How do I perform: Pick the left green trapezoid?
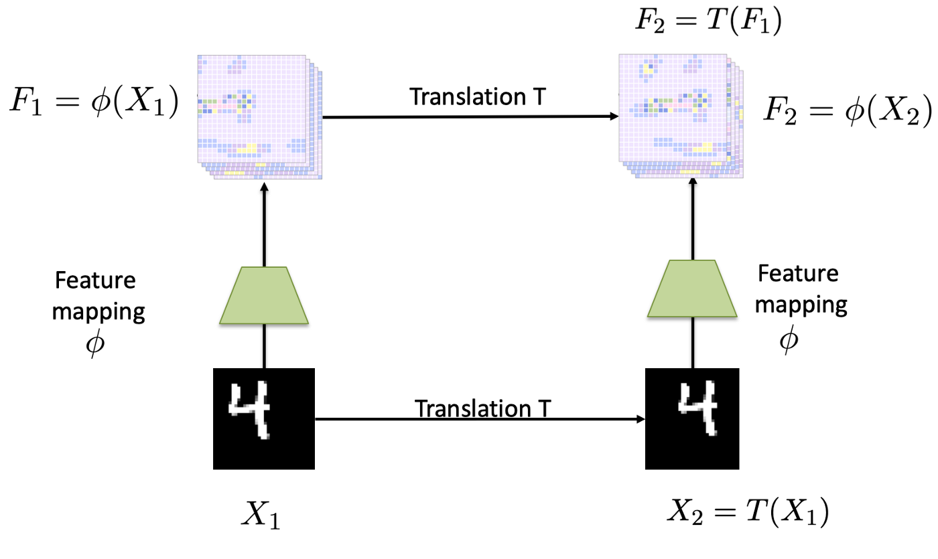[x=264, y=297]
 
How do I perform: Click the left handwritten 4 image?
[x=264, y=418]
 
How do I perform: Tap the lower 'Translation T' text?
[x=483, y=407]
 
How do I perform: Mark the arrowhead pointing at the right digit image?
[x=640, y=420]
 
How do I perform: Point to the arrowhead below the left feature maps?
[x=265, y=189]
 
